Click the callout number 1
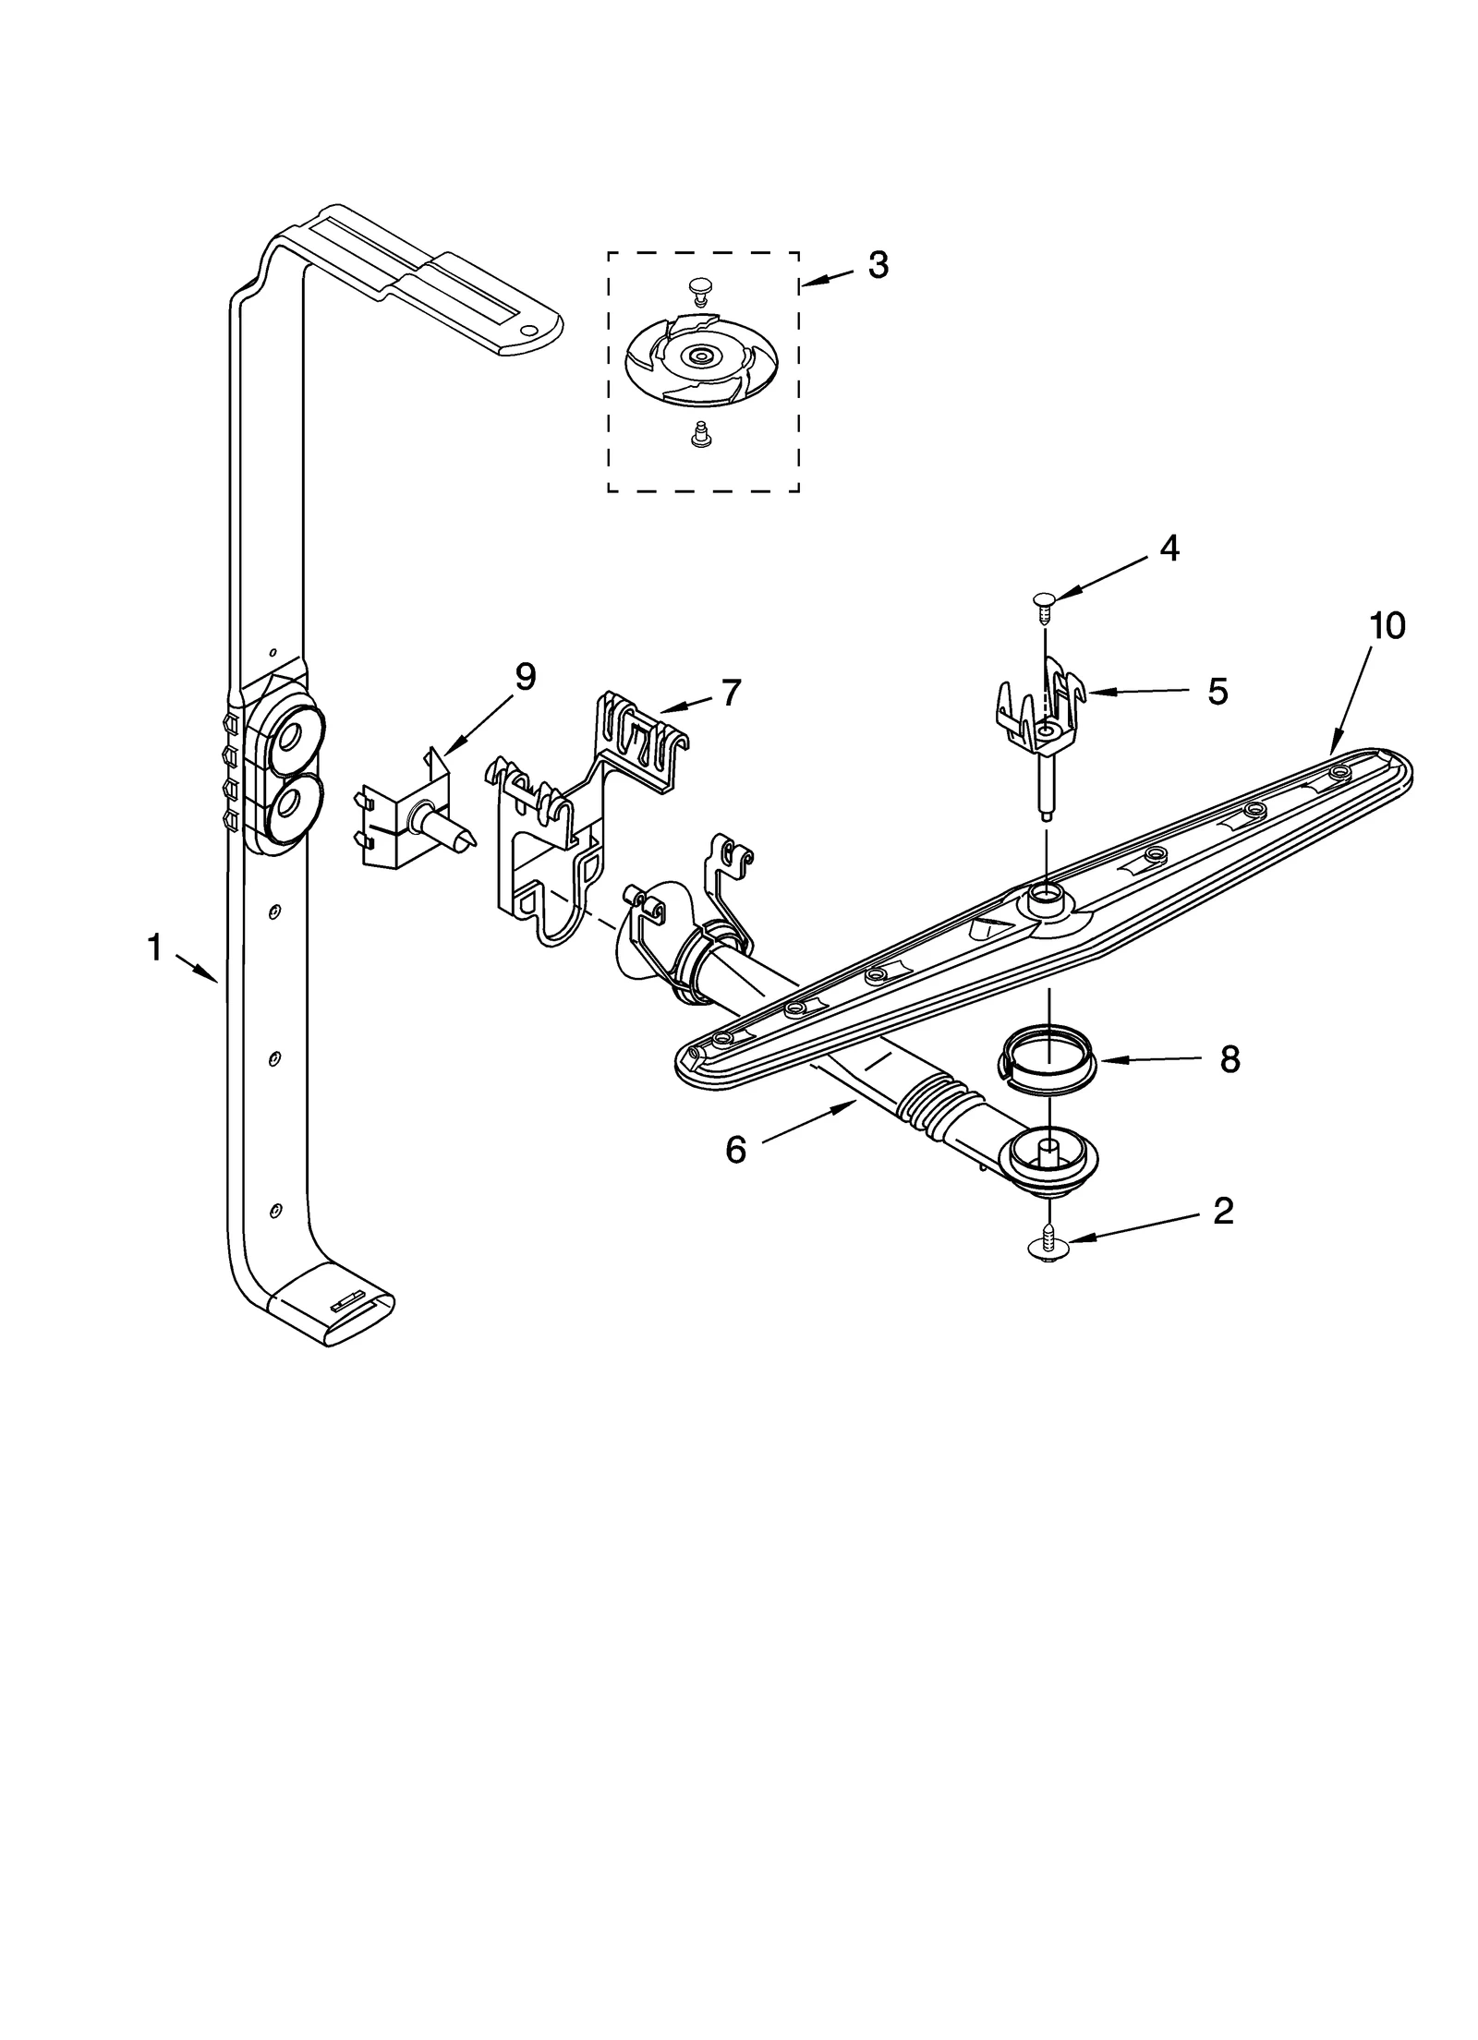click(155, 947)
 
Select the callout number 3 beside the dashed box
click(878, 266)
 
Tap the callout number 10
click(1387, 626)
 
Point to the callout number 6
click(735, 1150)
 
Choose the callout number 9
click(525, 677)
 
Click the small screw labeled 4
click(1045, 601)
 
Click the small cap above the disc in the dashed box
click(699, 293)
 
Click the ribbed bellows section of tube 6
click(934, 1100)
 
